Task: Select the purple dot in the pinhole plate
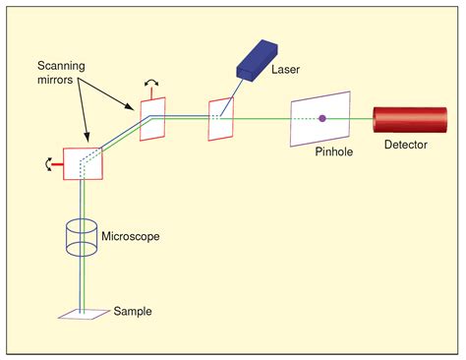click(321, 119)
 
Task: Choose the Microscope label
click(131, 236)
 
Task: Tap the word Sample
click(133, 311)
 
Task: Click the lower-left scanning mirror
click(82, 164)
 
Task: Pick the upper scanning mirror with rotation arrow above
click(153, 121)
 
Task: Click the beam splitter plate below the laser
click(220, 119)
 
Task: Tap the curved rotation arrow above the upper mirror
click(149, 86)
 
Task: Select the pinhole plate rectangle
click(320, 120)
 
